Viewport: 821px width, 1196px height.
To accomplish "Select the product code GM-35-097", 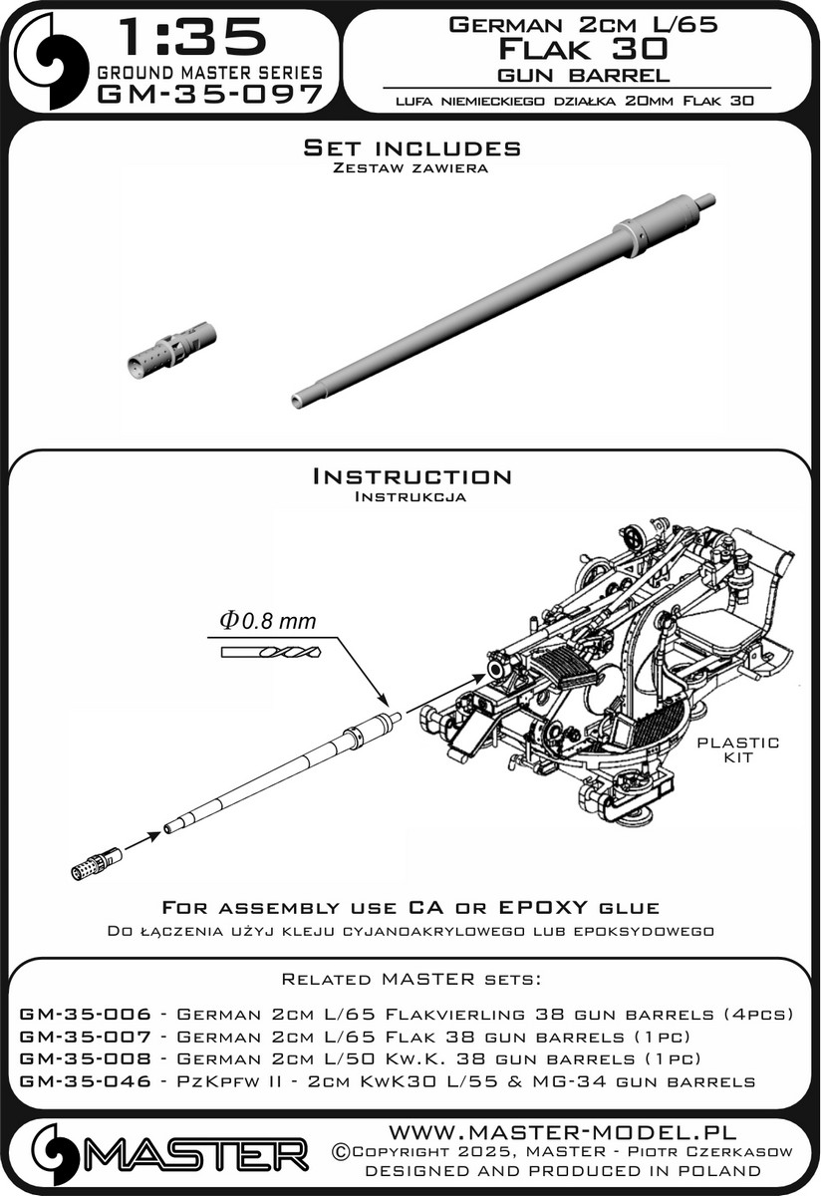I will coord(209,95).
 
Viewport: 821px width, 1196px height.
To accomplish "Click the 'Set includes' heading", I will coord(411,149).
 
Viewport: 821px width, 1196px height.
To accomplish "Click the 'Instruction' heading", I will coord(411,476).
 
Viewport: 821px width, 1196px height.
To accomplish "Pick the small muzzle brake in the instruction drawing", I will coord(98,863).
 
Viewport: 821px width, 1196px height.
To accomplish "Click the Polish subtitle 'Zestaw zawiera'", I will coord(411,169).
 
